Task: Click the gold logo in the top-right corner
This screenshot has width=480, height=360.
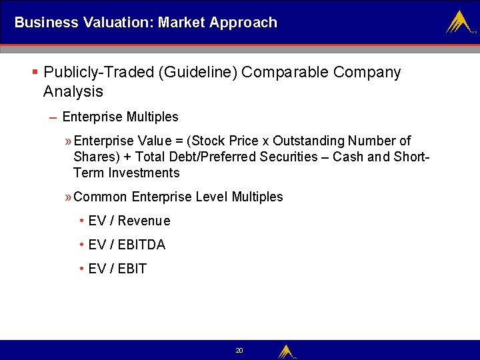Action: tap(459, 22)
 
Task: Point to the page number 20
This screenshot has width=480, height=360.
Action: tap(239, 350)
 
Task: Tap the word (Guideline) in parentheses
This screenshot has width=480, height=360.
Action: tap(198, 72)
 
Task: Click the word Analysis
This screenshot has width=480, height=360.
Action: tap(73, 91)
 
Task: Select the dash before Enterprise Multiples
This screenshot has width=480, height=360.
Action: tap(53, 117)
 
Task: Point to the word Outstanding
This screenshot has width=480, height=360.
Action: tap(307, 141)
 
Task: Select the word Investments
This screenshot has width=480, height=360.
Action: tap(143, 173)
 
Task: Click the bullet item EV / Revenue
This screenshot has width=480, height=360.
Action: tap(129, 221)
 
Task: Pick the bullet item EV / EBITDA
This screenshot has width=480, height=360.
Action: tap(127, 245)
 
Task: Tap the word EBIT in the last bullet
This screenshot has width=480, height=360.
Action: tap(132, 269)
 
